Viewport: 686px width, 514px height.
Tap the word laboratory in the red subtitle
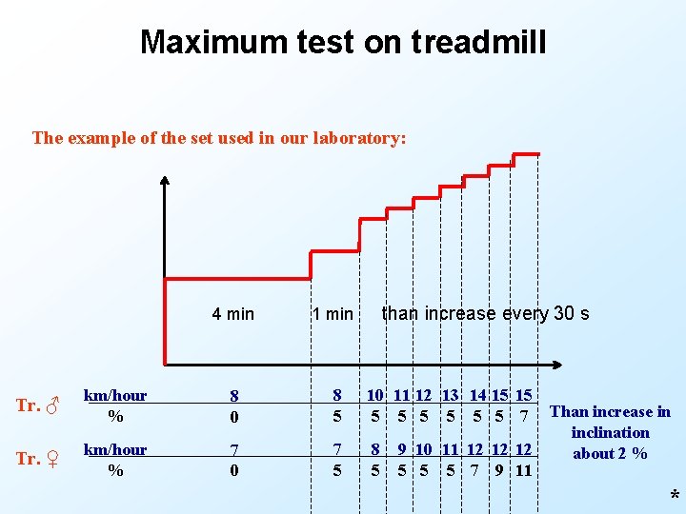coord(357,138)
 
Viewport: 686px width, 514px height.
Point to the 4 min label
coord(232,314)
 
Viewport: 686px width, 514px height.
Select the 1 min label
coord(333,314)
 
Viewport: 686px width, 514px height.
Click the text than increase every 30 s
coord(485,313)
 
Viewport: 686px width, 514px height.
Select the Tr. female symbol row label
coord(39,459)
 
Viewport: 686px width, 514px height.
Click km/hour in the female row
coord(115,449)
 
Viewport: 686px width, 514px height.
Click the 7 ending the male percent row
coord(523,416)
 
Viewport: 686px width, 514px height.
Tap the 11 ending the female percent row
coord(523,469)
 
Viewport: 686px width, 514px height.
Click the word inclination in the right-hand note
coord(611,432)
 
